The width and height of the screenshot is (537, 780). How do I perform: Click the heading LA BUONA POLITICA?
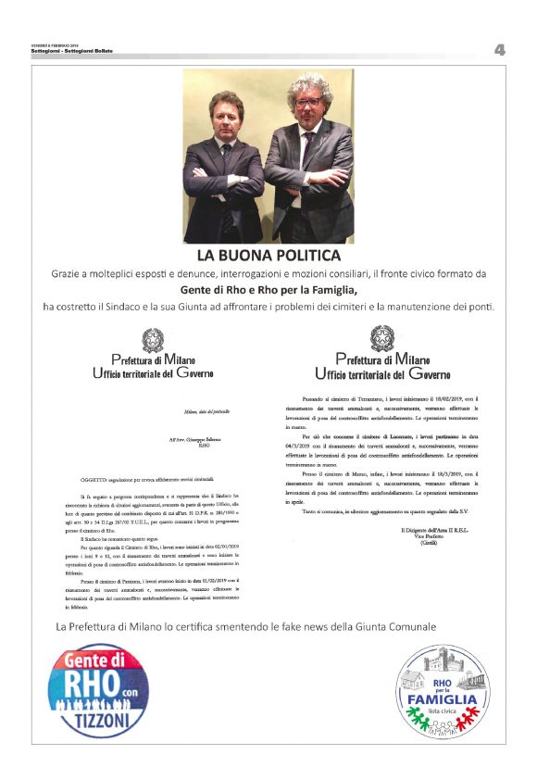pyautogui.click(x=268, y=255)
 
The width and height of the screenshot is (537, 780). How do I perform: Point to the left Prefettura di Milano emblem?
pyautogui.click(x=152, y=338)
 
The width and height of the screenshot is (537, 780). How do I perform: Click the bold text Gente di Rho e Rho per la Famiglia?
pyautogui.click(x=268, y=290)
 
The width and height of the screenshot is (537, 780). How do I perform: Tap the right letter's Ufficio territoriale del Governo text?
pyautogui.click(x=381, y=374)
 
